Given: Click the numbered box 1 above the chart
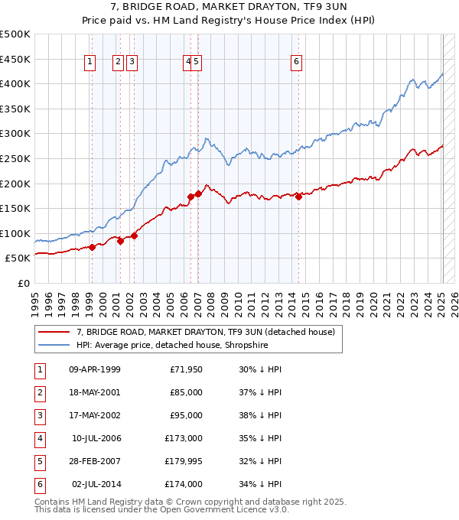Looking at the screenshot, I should pos(91,63).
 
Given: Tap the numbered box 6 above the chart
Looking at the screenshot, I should pos(296,63).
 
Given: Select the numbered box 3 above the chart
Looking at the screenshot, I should pos(132,63).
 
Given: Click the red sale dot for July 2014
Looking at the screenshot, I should pos(299,197).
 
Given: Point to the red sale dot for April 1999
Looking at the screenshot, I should pos(92,247).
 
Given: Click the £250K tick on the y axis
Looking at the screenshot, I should pos(15,158).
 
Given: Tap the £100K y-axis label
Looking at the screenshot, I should pos(15,233).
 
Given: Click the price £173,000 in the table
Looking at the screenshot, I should pos(184,438).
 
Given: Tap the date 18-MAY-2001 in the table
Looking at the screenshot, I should pos(94,392).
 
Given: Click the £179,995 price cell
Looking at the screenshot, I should pos(184,461).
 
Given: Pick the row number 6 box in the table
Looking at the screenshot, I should pos(41,484).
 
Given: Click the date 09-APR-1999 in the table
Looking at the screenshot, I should pos(94,369).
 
